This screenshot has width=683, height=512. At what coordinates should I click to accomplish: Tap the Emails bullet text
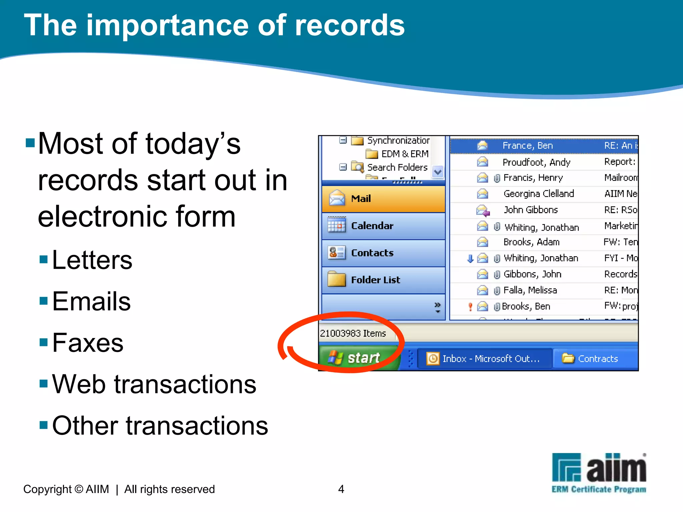(91, 301)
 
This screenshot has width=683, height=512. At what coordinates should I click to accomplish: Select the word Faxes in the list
(88, 343)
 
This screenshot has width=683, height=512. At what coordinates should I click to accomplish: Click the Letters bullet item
(92, 260)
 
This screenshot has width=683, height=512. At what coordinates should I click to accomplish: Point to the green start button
(359, 358)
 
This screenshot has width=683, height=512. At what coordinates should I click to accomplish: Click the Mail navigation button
(383, 199)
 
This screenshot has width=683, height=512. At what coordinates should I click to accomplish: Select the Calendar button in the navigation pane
(383, 226)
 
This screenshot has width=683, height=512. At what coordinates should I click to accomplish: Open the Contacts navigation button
(383, 253)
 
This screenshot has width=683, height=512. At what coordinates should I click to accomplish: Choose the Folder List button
(383, 280)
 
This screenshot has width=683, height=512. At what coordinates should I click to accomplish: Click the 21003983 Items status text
(353, 333)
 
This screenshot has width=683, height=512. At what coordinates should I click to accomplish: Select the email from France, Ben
(528, 146)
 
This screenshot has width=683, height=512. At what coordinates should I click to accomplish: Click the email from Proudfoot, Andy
(536, 162)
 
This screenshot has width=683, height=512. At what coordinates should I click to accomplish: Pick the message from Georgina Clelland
(539, 194)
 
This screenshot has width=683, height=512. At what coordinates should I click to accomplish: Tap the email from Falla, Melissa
(530, 290)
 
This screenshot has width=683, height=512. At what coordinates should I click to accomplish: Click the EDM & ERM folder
(404, 154)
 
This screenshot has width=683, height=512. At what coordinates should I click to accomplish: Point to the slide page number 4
(341, 489)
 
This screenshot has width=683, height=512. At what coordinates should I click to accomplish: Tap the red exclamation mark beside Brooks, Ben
(470, 306)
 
